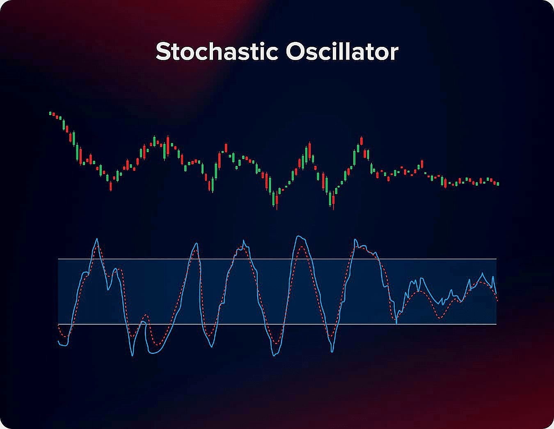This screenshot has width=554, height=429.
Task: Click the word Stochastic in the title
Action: (x=217, y=51)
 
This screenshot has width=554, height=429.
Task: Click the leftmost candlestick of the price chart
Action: (x=50, y=113)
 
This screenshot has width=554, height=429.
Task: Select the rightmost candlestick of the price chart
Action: (x=498, y=184)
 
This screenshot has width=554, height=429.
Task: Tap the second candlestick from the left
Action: (x=53, y=115)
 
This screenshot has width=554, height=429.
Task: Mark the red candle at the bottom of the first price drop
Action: (x=111, y=186)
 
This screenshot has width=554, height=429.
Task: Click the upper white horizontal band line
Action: (x=277, y=259)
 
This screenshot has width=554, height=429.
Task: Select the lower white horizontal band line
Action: (x=277, y=324)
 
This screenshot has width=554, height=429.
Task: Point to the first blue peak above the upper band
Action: (x=97, y=239)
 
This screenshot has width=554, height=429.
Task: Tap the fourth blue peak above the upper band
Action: (x=298, y=236)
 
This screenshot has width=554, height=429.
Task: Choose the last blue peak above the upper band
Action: (x=355, y=240)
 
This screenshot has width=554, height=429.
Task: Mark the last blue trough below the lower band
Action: (x=332, y=352)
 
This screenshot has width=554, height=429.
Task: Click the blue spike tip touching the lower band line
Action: (x=396, y=324)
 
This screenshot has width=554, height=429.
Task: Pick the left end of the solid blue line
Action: (x=58, y=341)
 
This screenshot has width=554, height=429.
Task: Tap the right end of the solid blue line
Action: (x=496, y=294)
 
